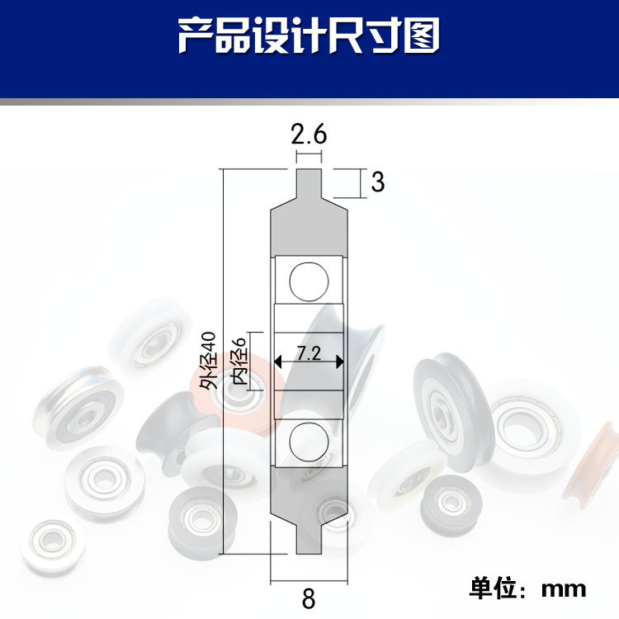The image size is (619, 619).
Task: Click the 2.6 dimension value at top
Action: (309, 135)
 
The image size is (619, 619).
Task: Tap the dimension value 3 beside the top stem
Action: (378, 182)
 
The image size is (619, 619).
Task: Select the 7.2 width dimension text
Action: (309, 353)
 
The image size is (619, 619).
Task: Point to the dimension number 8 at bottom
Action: (309, 598)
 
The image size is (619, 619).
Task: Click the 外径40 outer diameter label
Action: (208, 361)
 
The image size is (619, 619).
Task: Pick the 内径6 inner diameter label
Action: (239, 361)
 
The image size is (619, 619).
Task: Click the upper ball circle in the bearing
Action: (309, 281)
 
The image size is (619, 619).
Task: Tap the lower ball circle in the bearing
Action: (309, 442)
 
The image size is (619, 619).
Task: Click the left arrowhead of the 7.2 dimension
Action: (278, 361)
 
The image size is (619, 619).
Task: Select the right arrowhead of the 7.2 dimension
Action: (339, 361)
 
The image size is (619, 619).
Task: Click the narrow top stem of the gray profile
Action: (309, 182)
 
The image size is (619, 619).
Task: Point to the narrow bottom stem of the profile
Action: (309, 540)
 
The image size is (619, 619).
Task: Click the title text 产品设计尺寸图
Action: (309, 35)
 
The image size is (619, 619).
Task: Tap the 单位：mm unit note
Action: (527, 589)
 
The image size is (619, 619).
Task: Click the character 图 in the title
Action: (422, 35)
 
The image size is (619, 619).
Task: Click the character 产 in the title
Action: (196, 35)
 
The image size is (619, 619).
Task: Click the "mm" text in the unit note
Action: (564, 589)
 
